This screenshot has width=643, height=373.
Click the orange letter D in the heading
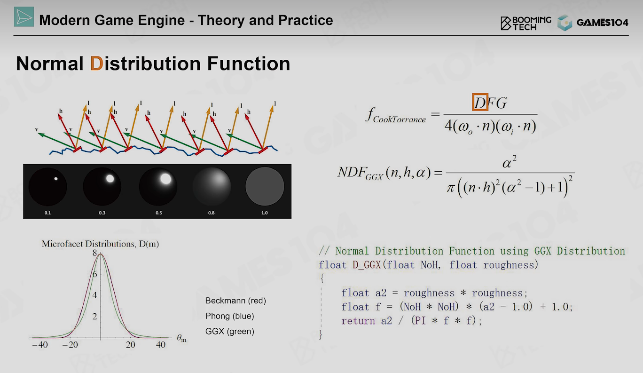point(96,63)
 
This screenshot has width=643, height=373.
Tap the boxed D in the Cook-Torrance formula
point(480,102)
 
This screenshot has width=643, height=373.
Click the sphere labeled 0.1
point(47,186)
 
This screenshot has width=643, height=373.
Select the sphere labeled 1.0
point(265,186)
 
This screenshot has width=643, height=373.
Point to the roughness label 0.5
point(159,213)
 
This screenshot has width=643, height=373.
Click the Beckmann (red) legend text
point(235,301)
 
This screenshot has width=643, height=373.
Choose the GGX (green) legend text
point(230,331)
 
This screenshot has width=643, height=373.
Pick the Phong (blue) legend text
point(230,316)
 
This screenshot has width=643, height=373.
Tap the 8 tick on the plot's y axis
point(95,253)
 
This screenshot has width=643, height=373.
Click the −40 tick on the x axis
point(40,345)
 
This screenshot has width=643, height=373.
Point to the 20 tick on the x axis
point(130,345)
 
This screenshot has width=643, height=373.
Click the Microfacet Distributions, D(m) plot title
point(100,244)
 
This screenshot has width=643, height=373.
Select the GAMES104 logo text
point(602,23)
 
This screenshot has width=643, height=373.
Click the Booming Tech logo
point(526,23)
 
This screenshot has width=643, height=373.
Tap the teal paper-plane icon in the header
point(24,17)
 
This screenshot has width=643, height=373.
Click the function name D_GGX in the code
point(367,265)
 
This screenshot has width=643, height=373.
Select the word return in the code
point(358,321)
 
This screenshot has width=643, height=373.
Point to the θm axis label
point(181,338)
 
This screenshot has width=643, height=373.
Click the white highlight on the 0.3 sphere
point(110,179)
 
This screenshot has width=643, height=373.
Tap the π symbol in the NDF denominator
point(451,188)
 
